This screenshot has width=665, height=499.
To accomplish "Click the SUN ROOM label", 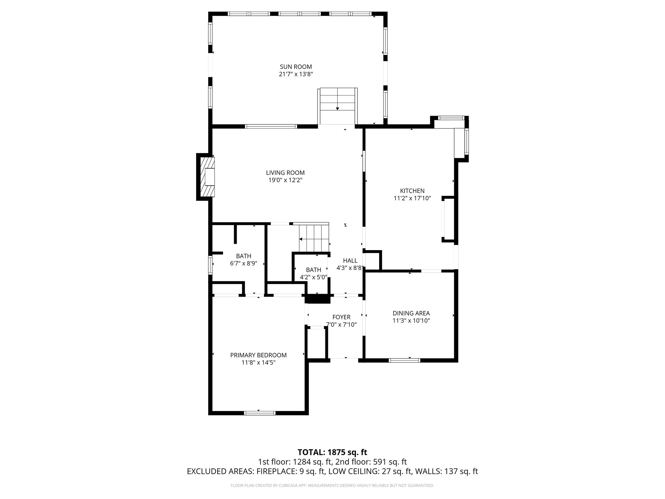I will [296, 67].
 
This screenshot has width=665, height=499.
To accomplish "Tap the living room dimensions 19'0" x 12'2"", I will [285, 180].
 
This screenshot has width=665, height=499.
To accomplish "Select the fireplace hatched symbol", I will [207, 177].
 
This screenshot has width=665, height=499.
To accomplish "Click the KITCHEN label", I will [412, 191].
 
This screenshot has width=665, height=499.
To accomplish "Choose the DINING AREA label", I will [411, 313].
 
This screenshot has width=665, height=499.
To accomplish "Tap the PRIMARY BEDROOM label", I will [258, 355].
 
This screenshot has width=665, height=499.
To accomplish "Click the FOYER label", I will [341, 317].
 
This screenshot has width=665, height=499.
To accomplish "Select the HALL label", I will [350, 261].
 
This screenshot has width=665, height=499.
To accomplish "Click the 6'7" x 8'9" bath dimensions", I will [244, 263].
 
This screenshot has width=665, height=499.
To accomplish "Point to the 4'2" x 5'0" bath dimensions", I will [313, 277].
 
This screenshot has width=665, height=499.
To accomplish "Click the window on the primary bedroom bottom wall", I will [259, 413].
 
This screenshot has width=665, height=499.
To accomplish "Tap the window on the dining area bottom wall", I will [404, 360].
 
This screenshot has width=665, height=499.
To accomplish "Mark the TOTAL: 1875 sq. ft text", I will [332, 452].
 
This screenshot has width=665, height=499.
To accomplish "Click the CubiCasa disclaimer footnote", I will [332, 486].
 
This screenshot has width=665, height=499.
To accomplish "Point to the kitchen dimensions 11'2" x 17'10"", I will [412, 198].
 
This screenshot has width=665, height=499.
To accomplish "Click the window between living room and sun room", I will [271, 126].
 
